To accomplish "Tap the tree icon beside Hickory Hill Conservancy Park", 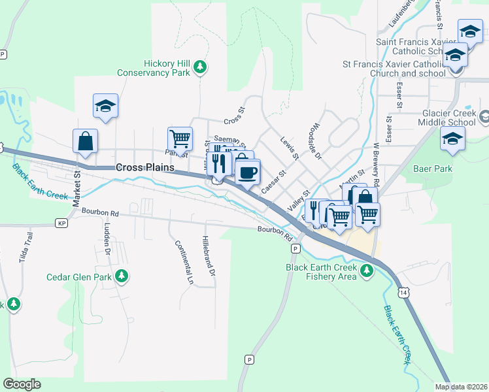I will [201, 67].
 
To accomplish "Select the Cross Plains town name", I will [145, 167].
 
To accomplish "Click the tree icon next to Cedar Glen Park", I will [121, 276].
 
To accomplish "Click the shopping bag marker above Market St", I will [86, 140].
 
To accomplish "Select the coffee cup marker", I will [247, 172].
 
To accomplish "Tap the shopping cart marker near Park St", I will [180, 138].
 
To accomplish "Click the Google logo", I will [22, 384].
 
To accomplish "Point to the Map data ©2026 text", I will [460, 387].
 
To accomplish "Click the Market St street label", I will [76, 189].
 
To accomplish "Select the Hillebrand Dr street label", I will [207, 256].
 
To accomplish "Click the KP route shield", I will [62, 223].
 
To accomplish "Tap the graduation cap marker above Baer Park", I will [452, 139].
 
